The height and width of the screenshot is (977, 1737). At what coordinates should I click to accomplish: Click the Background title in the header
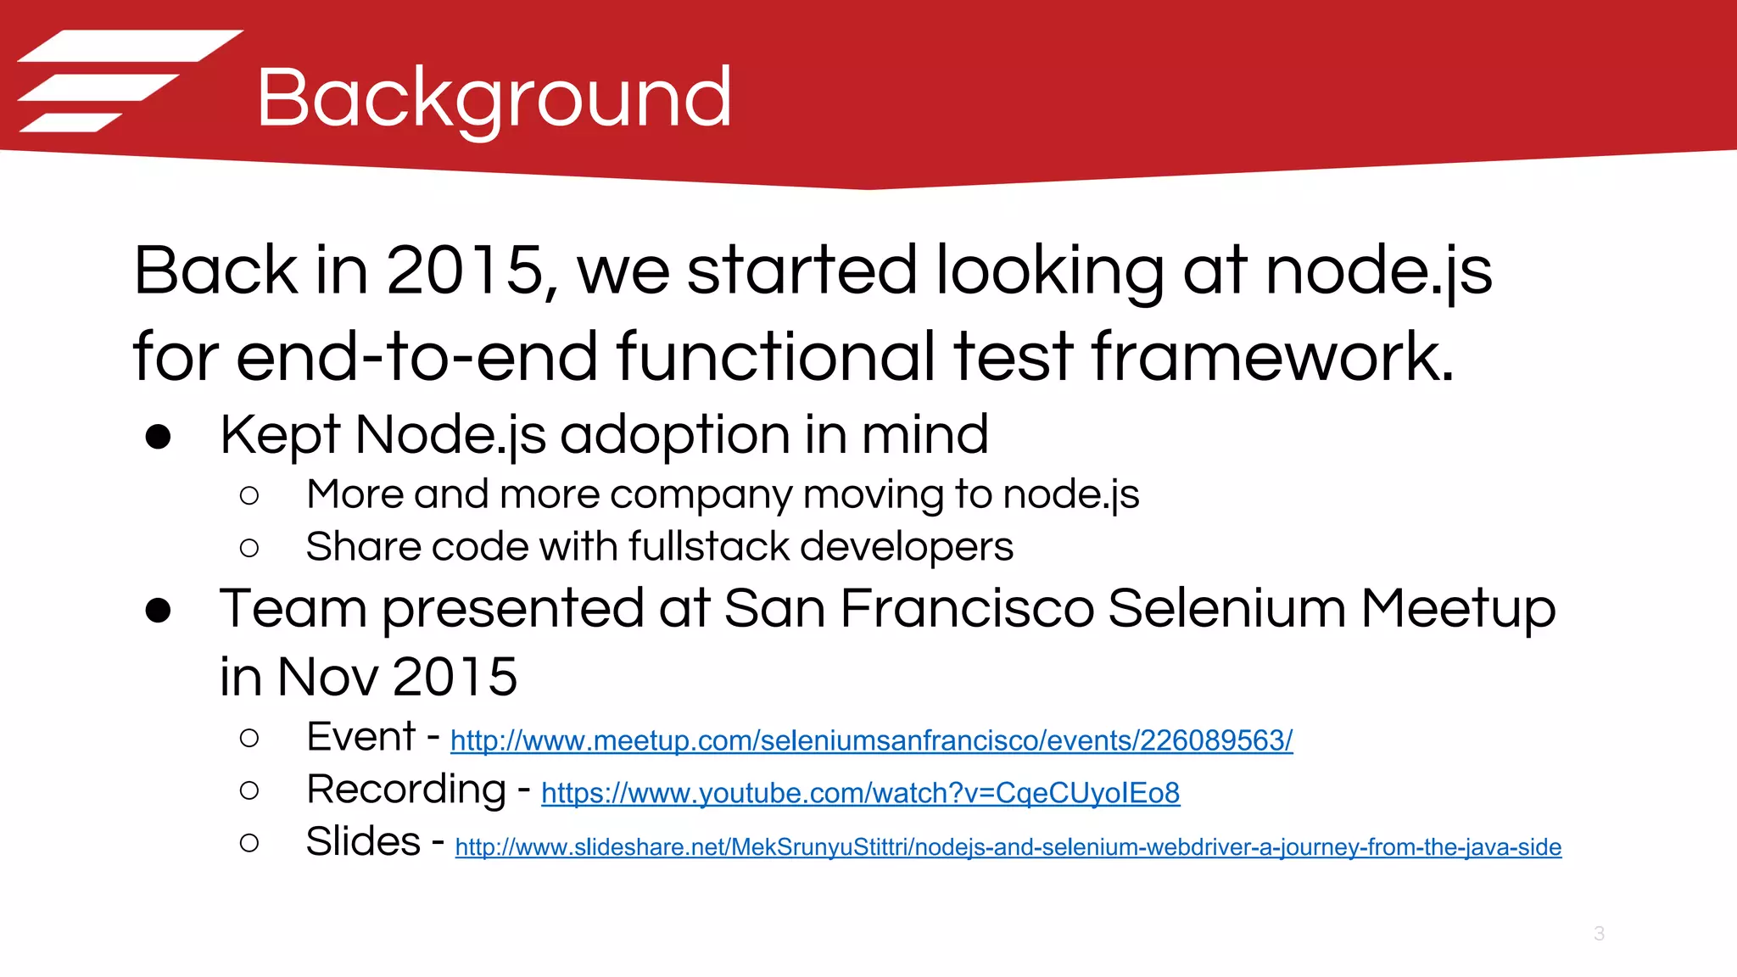coord(494,98)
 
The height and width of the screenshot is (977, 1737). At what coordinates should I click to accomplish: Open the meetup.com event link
coord(871,741)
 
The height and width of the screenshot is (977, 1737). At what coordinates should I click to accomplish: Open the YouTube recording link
coord(860,794)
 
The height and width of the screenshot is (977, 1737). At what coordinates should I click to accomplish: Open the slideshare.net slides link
coord(1008,847)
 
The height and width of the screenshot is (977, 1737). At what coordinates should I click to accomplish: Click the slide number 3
coord(1599,934)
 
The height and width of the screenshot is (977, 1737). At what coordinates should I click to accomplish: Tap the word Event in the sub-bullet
coord(361,736)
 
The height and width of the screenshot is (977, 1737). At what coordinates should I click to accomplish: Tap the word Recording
coord(406,790)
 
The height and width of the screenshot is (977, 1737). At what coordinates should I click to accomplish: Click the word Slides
coord(363,842)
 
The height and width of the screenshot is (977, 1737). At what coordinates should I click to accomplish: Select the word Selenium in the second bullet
coord(1226,609)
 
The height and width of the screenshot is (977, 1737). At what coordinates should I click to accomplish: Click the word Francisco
coord(967,609)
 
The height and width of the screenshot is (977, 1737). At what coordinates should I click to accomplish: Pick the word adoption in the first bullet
coord(675,436)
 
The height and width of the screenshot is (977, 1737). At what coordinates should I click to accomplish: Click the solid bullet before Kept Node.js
coord(159,438)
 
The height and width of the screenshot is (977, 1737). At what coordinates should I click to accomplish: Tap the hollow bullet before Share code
coord(249,549)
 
